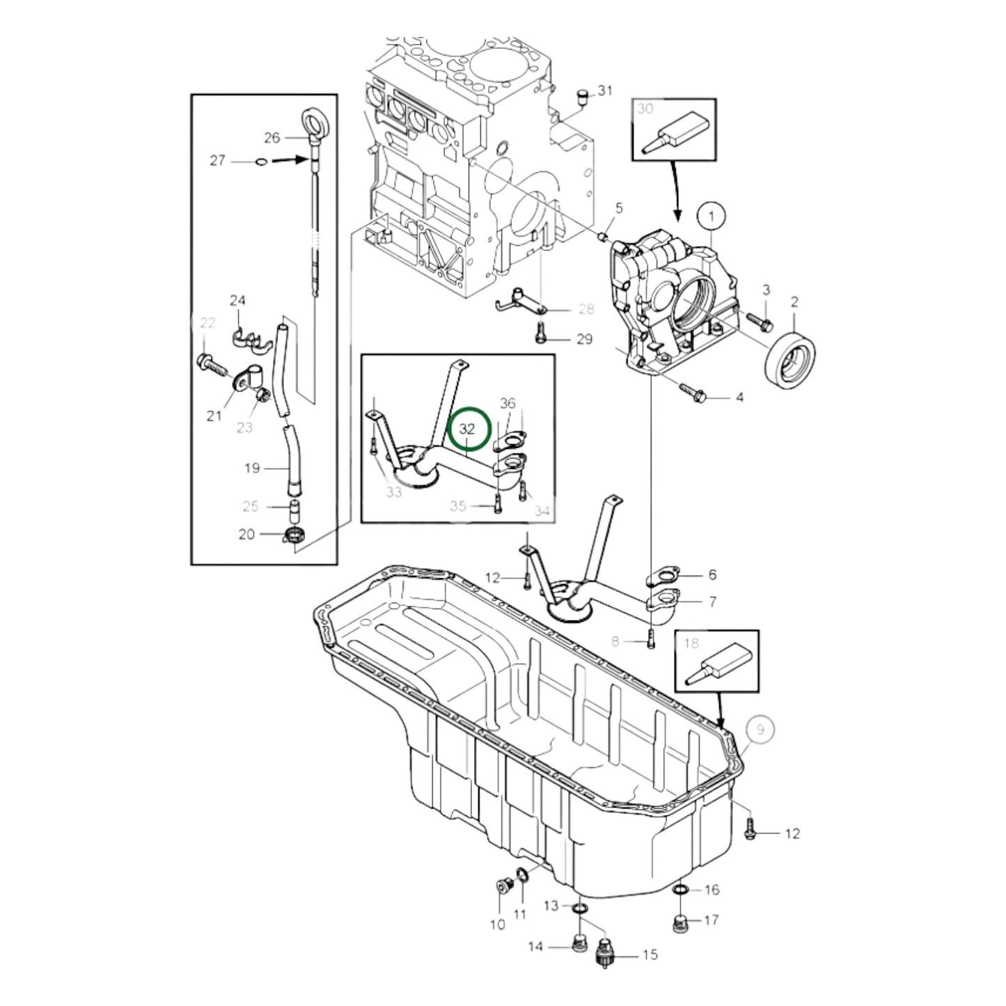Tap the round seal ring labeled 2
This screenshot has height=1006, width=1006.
pos(792,359)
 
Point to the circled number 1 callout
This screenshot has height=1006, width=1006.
pos(710,217)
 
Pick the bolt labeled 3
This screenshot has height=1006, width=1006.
pos(759,321)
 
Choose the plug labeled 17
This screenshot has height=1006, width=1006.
pos(682,922)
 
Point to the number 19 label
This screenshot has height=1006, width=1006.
pos(252,468)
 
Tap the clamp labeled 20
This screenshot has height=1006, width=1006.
pos(295,535)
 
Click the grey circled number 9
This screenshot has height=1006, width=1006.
pos(760,730)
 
